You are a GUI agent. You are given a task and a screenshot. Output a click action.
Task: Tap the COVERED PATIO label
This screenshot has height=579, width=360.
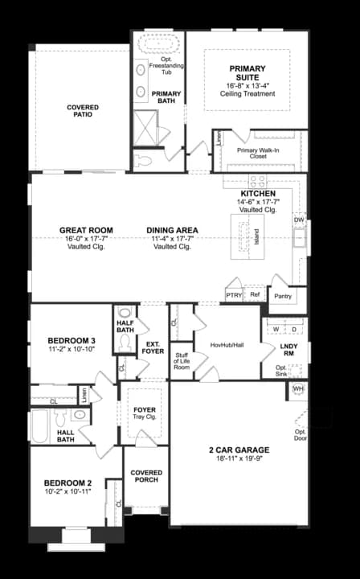click(84, 111)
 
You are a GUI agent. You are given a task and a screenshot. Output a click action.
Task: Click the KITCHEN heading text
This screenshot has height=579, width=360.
click(258, 195)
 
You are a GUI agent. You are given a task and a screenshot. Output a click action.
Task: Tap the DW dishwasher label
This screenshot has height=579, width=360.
click(299, 219)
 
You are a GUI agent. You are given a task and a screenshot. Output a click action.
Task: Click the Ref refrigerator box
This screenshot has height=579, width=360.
click(255, 295)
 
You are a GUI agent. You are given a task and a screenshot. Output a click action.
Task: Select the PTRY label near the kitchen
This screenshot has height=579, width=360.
click(233, 295)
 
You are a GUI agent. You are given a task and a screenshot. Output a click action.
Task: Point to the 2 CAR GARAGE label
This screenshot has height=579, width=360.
click(239, 450)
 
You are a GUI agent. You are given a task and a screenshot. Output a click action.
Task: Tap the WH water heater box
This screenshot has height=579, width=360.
click(298, 389)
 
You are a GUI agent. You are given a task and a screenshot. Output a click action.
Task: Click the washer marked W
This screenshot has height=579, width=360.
click(276, 329)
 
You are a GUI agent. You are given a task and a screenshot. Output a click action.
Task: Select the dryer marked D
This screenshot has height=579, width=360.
click(294, 329)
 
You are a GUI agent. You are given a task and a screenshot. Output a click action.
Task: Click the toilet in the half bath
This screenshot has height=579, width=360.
click(125, 343)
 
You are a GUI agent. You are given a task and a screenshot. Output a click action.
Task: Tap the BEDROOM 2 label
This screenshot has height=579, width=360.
click(67, 482)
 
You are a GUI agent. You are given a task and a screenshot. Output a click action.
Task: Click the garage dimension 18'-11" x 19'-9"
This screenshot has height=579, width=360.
click(239, 459)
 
